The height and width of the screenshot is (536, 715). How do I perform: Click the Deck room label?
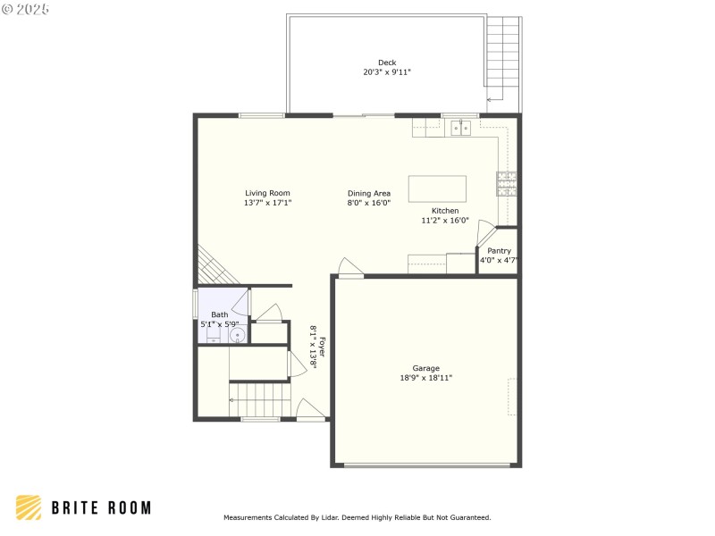tap(387, 63)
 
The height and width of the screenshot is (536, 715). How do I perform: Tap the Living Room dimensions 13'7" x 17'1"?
tap(267, 203)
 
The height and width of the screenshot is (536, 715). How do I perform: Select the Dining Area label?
tap(369, 193)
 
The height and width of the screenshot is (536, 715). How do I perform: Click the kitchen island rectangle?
tap(437, 188)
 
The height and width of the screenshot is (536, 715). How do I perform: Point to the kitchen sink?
tap(461, 129)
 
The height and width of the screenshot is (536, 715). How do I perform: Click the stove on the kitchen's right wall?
tap(506, 184)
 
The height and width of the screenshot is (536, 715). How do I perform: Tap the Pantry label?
tap(499, 251)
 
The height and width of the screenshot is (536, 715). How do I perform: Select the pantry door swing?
tap(485, 230)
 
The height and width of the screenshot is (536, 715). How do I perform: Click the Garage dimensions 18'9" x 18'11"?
tap(425, 378)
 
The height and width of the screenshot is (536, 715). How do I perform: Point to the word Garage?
tap(425, 368)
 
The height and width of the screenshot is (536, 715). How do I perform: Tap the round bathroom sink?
tap(238, 336)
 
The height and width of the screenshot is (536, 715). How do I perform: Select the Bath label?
tap(219, 314)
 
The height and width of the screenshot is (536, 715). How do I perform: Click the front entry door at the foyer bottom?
tap(310, 411)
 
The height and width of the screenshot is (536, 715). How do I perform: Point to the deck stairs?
tap(503, 58)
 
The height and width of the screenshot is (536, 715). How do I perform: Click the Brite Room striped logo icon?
tap(29, 507)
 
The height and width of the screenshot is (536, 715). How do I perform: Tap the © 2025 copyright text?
tap(27, 9)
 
